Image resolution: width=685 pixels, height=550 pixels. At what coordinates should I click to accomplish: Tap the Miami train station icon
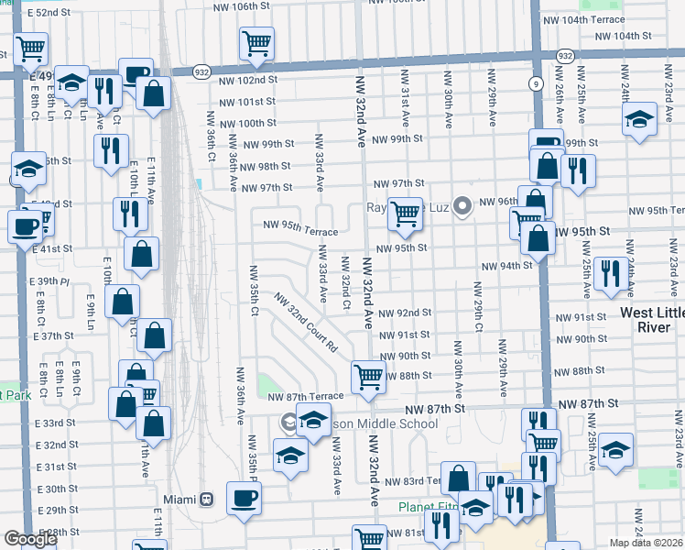(207, 499)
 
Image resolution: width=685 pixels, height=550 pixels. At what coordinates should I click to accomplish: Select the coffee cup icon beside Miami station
(244, 499)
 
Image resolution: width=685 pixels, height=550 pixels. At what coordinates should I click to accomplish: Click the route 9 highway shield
(534, 83)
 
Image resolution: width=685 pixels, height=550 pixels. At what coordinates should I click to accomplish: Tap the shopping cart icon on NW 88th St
(368, 376)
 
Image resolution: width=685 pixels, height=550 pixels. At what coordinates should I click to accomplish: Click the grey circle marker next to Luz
(463, 207)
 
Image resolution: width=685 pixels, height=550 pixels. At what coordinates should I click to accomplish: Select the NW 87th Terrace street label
(306, 396)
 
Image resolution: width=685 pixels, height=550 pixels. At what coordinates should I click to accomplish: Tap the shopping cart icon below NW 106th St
(257, 42)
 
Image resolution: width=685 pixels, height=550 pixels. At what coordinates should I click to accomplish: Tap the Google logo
(30, 539)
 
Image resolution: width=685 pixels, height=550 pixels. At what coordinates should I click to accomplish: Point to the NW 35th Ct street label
(254, 289)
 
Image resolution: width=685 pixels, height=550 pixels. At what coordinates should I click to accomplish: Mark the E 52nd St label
(49, 14)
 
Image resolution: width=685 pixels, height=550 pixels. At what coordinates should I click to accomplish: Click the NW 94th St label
(507, 266)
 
